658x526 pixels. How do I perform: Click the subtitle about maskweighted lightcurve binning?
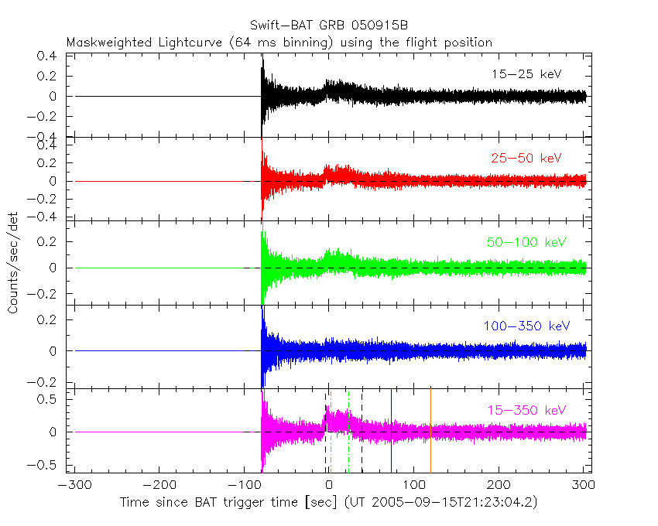[279, 43]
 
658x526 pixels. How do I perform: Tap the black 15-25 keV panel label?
[526, 74]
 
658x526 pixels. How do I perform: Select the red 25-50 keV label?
[526, 159]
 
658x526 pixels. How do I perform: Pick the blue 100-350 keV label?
[526, 326]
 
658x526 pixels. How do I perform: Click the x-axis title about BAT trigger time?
[328, 503]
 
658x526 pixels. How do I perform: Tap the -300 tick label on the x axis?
[70, 487]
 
